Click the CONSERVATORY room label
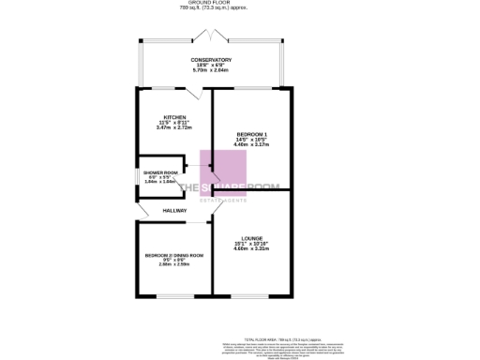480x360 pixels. (212, 59)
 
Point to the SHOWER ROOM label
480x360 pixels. (160, 172)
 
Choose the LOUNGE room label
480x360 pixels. (251, 238)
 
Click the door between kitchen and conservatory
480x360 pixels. (193, 94)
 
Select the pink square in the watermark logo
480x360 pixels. (225, 172)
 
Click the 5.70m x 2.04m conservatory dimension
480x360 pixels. (212, 70)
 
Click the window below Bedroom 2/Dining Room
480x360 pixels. (174, 297)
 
